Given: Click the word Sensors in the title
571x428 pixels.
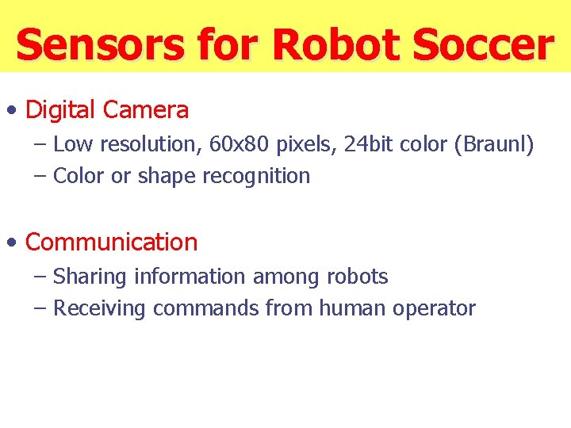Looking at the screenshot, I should point(101,44).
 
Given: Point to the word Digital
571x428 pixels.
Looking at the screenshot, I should point(60,109).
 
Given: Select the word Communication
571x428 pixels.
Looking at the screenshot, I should point(112,242).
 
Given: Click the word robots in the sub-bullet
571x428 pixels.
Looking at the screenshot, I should point(357,277).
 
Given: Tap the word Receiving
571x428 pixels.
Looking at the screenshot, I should point(100,308).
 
